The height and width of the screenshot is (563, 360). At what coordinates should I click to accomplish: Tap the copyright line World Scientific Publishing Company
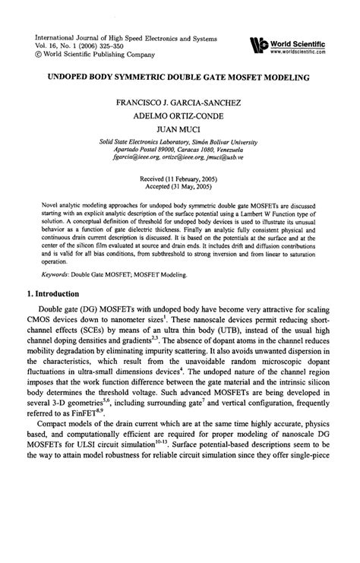(99, 55)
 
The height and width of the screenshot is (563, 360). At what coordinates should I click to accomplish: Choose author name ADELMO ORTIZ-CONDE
(180, 115)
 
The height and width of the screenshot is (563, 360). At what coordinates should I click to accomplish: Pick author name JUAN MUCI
(180, 129)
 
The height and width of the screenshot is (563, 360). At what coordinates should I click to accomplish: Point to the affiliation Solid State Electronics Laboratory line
(180, 141)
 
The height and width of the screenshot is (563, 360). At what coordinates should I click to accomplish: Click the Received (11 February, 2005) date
(180, 176)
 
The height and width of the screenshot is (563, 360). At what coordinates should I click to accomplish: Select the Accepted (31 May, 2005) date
(180, 184)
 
